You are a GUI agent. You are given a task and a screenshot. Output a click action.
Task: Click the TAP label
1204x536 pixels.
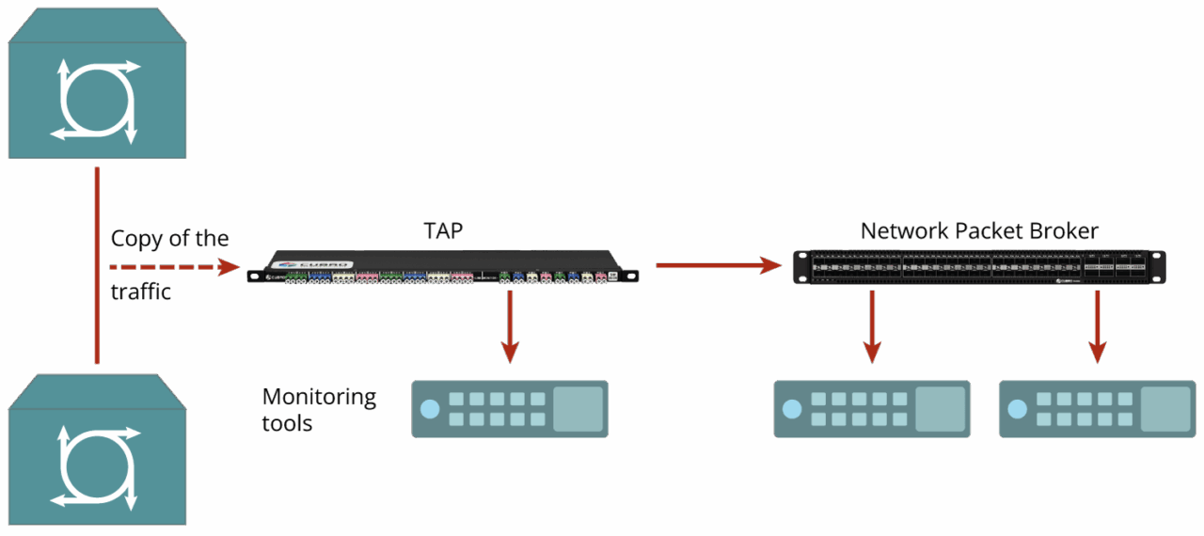(x=443, y=230)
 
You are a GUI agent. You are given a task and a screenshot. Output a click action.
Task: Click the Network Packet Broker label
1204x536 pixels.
(x=979, y=230)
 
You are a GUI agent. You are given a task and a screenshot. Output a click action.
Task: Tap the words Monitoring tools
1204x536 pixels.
(x=318, y=410)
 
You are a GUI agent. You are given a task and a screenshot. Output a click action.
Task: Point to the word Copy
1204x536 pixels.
(x=135, y=239)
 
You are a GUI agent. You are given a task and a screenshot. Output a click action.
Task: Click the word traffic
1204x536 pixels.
(x=141, y=292)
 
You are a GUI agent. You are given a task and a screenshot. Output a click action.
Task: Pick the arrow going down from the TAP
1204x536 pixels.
(x=510, y=325)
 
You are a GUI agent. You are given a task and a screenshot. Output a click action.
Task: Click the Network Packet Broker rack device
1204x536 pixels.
(x=978, y=267)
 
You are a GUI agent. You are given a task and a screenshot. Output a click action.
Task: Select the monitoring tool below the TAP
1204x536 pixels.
(x=510, y=409)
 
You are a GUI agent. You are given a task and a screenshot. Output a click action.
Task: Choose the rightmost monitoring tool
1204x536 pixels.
(x=1097, y=409)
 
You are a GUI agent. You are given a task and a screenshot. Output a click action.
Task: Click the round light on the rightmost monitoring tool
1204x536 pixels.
(x=1017, y=409)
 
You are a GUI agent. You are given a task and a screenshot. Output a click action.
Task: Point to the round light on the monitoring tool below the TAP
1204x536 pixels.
(x=430, y=409)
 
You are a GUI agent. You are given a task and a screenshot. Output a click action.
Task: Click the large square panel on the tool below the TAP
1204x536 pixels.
(x=578, y=409)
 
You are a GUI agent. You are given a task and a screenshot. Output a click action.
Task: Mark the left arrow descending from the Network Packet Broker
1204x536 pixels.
(x=872, y=325)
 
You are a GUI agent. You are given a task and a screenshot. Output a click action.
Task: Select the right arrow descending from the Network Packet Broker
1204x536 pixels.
(x=1097, y=325)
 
